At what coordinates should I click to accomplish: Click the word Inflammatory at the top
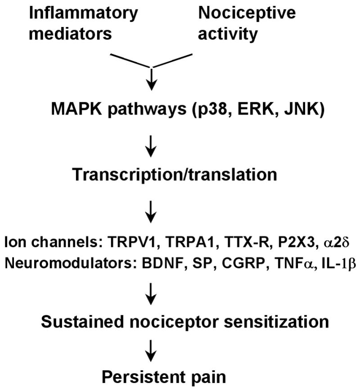click(x=83, y=13)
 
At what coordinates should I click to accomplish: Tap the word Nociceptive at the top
click(x=247, y=13)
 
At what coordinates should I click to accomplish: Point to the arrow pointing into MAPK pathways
click(x=153, y=77)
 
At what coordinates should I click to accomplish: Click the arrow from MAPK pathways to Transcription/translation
click(x=153, y=144)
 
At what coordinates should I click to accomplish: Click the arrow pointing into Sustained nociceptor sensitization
click(x=153, y=297)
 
